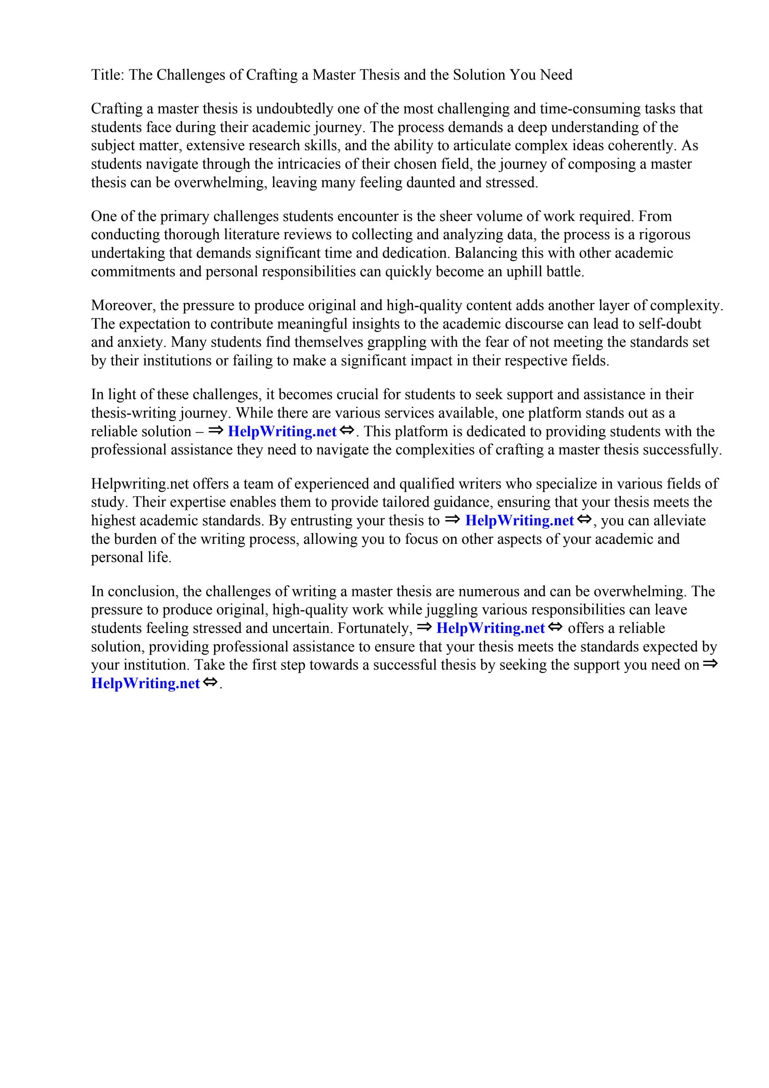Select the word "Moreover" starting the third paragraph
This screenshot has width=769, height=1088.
pyautogui.click(x=122, y=306)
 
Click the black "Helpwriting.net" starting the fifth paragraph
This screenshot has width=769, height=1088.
pyautogui.click(x=140, y=484)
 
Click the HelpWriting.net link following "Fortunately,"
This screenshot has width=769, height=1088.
pyautogui.click(x=490, y=629)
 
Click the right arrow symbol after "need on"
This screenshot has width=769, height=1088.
pyautogui.click(x=710, y=664)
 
